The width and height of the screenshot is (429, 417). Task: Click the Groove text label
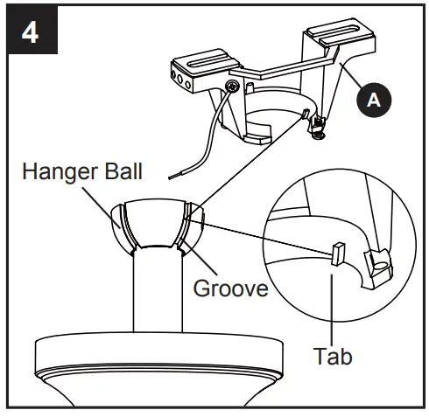pyautogui.click(x=231, y=288)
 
